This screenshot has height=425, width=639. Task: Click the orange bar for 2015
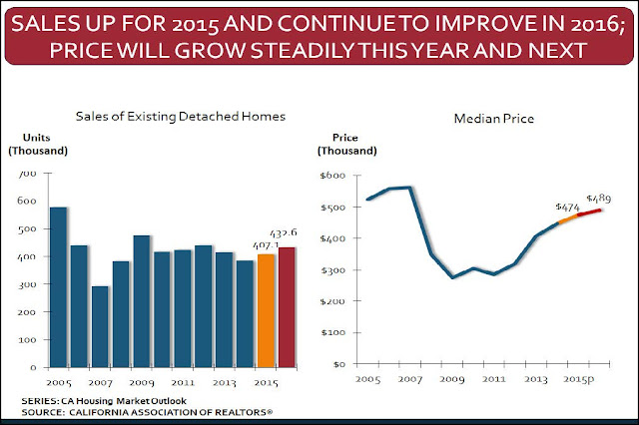[x=267, y=309]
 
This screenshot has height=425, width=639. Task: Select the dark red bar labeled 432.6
[x=289, y=305]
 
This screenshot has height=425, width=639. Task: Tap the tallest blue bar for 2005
[x=59, y=285]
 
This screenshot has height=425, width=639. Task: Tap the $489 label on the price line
[x=600, y=198]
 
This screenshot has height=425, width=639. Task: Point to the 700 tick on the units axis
[x=28, y=175]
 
